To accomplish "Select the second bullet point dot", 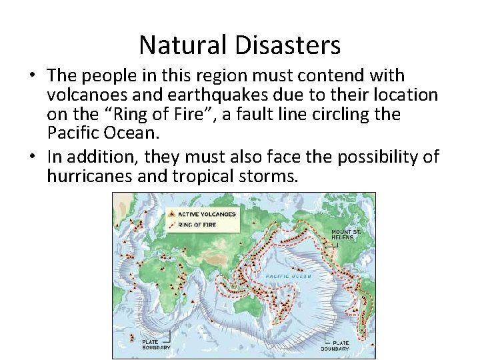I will (39, 157).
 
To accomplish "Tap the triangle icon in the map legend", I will (173, 214).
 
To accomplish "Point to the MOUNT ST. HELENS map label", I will (346, 235).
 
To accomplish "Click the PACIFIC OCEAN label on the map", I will (288, 275).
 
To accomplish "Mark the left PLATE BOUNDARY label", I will (156, 345).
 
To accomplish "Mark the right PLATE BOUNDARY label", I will (334, 345).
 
